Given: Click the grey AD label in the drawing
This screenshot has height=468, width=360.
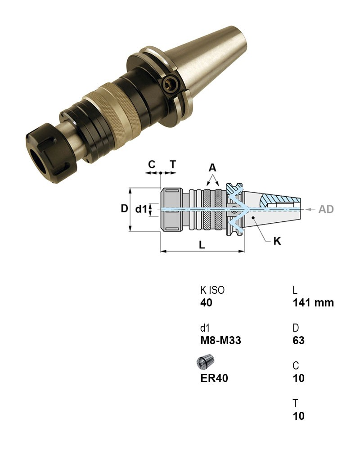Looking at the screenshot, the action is (326, 209).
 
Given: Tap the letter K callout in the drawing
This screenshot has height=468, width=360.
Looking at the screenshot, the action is (277, 241).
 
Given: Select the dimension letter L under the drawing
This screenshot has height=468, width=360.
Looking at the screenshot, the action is (202, 245).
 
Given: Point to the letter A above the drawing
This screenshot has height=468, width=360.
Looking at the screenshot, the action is (212, 168).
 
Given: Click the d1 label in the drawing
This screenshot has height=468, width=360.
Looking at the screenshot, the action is (141, 209).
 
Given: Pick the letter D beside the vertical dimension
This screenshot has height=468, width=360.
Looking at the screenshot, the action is (124, 208).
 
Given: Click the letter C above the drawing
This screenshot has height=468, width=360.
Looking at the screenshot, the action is (152, 164).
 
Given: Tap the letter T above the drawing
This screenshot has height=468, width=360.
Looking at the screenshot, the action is (173, 164).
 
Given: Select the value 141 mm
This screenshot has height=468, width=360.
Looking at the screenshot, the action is (313, 303).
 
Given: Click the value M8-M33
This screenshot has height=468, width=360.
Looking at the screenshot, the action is (220, 341).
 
